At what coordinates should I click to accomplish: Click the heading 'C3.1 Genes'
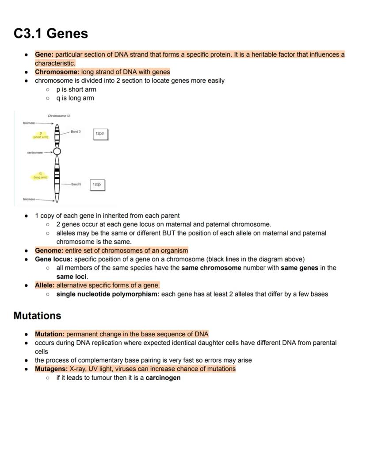pos(51,34)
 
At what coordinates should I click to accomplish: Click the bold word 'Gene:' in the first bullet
pos(44,54)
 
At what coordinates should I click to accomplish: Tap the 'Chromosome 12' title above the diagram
pos(59,116)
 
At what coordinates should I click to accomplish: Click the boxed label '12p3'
pos(100,134)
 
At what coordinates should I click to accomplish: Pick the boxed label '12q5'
pos(97,184)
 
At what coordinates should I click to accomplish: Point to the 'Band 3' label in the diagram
pos(76,131)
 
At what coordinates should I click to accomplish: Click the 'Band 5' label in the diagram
pos(76,184)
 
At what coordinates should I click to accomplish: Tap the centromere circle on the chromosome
pos(57,152)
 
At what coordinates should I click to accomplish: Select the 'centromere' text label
pos(35,153)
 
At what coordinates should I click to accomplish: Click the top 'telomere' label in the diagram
pos(29,123)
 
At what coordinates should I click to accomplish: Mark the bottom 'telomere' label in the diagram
pos(29,199)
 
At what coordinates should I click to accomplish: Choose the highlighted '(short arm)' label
pos(41,137)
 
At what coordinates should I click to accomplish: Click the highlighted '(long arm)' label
pos(41,177)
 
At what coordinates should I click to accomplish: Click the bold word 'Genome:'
pos(49,250)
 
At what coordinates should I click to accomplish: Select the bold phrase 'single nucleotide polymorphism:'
pos(107,294)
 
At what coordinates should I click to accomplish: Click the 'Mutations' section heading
pos(37,316)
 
